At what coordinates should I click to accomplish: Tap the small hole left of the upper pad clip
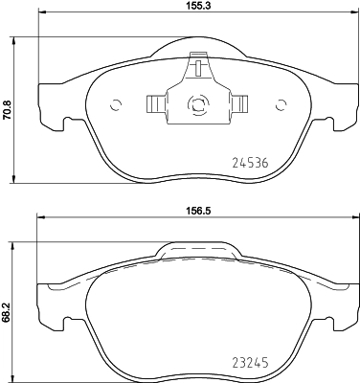[x=117, y=105]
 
